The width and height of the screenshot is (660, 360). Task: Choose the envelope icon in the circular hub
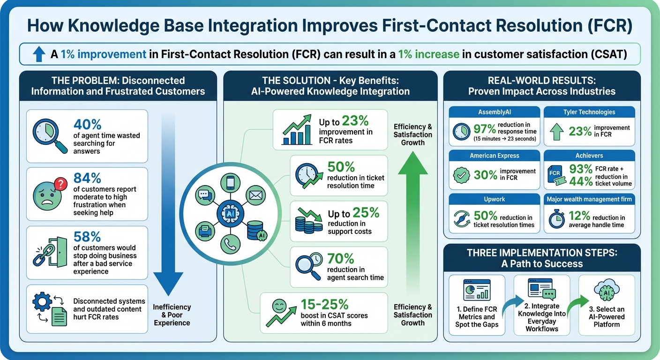point(256,195)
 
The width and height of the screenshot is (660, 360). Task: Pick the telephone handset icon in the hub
point(231,244)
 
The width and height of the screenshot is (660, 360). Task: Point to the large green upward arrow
point(412,220)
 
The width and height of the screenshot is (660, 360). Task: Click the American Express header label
point(494,156)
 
